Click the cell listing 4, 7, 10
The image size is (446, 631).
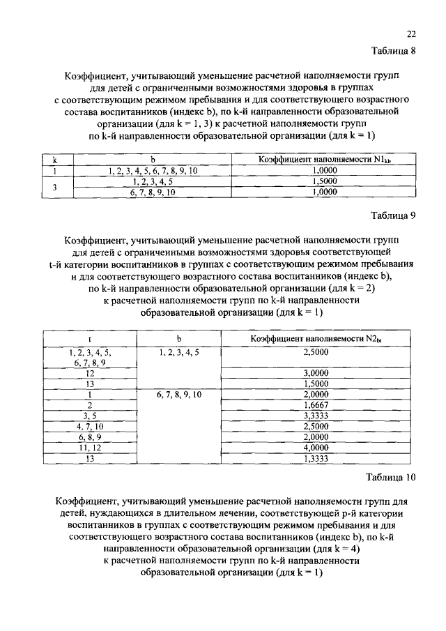pos(90,425)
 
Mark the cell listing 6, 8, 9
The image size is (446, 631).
pos(90,436)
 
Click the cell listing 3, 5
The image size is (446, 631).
pos(90,415)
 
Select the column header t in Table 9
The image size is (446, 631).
pos(90,339)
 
